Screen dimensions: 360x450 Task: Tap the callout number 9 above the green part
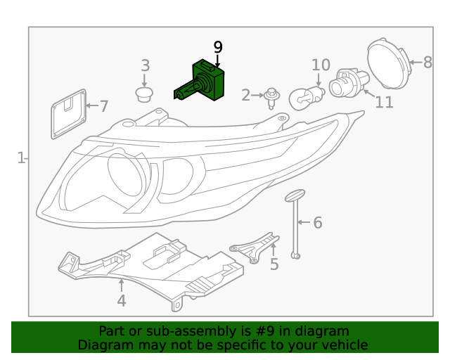(x=218, y=48)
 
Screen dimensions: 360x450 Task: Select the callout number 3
(x=146, y=65)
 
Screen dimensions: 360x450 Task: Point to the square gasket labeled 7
(x=68, y=113)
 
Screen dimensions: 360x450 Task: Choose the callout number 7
(x=104, y=107)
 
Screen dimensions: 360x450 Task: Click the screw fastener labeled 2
(x=270, y=98)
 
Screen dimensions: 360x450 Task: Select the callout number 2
(x=245, y=95)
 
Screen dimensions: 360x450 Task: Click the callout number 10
(x=321, y=65)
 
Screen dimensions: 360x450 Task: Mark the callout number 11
(x=384, y=103)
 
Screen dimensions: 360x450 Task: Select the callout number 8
(x=427, y=63)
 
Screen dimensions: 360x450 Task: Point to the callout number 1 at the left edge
(x=21, y=157)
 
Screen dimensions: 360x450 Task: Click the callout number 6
(x=317, y=223)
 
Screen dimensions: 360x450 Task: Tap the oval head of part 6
(x=294, y=195)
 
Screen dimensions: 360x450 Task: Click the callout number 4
(x=122, y=301)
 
